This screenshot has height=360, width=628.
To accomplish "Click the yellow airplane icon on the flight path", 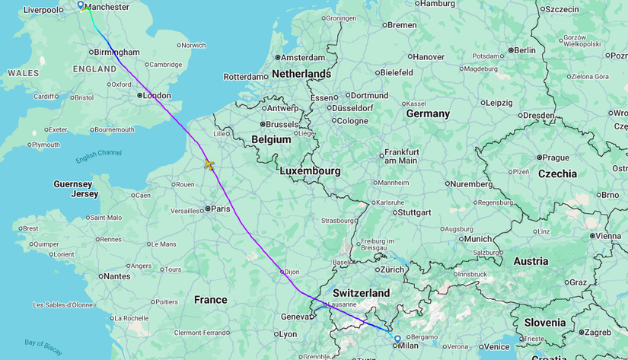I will coord(209,164).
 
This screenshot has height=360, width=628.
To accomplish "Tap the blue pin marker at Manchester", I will coord(81,5).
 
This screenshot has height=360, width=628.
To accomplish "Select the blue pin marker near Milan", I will coord(397,339).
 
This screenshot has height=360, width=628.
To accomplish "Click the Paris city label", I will coord(220,209).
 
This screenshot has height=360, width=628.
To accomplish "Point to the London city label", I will coord(157,95).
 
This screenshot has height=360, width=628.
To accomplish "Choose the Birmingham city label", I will coord(116,53).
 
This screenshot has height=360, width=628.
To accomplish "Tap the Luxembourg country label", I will coord(310,171).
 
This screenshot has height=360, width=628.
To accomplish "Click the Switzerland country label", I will coord(361,293).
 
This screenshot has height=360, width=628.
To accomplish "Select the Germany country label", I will coord(428,113).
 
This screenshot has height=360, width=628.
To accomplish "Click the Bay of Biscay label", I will coord(43,347).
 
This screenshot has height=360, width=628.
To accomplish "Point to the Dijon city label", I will coord(292,271).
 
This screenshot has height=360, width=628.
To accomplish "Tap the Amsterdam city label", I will coord(304,57).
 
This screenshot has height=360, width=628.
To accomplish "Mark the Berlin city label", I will coord(524,50).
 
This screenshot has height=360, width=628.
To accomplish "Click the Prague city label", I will coord(556,158).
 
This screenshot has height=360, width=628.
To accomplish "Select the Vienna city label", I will coord(608,236).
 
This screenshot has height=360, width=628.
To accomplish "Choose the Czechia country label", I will coord(558,174).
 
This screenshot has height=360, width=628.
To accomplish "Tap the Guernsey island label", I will coord(73,184).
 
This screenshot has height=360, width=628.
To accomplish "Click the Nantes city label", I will coord(116,276).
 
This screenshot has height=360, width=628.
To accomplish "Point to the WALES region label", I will coord(23,73).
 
